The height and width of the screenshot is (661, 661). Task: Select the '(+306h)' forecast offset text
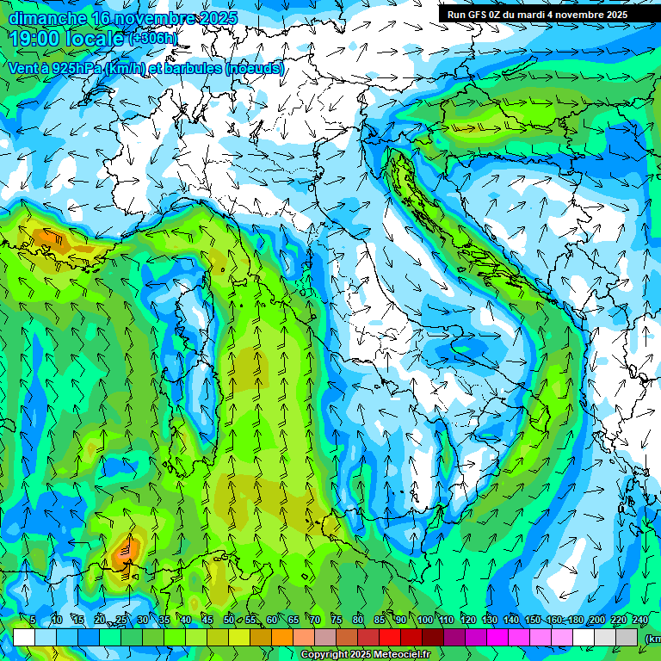point(154,39)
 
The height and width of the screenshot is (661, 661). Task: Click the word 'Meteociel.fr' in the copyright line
point(402,655)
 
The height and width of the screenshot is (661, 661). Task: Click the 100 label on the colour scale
point(424,621)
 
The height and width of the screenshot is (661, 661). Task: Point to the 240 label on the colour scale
point(640,621)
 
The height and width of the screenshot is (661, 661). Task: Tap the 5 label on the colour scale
point(33,621)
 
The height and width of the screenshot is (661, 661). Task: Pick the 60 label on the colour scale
point(272,621)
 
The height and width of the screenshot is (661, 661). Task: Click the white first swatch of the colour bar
point(23,637)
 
